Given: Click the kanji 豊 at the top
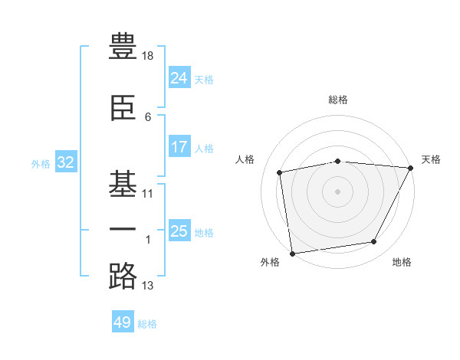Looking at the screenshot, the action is tap(123, 46).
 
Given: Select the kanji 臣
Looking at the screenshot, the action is tap(123, 108).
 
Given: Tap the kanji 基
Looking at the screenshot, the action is tap(123, 184).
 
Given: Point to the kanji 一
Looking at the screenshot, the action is tap(123, 229).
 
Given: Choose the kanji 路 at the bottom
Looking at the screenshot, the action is tap(123, 277).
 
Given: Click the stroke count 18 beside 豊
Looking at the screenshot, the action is tap(147, 56).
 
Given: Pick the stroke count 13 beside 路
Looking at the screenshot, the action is tap(147, 286).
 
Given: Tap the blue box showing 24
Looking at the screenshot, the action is tap(179, 77).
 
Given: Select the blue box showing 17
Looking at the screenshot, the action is tap(179, 146).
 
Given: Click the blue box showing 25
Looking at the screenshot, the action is tap(179, 230).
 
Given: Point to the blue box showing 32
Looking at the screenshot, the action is tap(66, 162).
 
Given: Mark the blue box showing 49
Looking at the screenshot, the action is tap(123, 321).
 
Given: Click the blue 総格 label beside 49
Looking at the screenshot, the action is tap(147, 324).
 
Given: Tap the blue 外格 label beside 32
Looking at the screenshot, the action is tap(41, 164).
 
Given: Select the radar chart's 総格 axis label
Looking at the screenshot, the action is tap(338, 100).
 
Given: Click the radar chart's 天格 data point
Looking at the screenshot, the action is tap(411, 168).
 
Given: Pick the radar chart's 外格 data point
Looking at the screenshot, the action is tap(293, 254).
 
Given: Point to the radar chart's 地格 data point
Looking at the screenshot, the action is tap(374, 241).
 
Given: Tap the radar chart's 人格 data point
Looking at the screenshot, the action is tap(279, 172).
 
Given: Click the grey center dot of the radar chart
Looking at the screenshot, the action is tap(337, 191).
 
